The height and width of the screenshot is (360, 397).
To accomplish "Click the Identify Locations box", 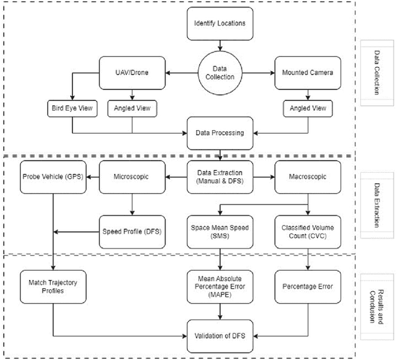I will coord(220,24).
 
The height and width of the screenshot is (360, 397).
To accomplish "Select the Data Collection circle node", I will coord(220,72).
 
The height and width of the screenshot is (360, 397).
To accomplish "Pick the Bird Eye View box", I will coord(71,109).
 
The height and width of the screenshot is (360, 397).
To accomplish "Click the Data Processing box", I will coord(220,133).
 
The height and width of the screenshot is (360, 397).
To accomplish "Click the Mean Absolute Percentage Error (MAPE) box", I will coord(220,286).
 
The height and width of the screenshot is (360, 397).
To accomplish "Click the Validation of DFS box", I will coord(220,336).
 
